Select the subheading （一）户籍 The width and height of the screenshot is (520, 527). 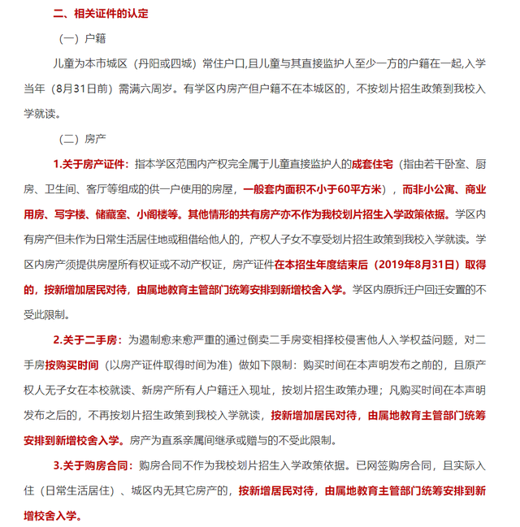coord(84,38)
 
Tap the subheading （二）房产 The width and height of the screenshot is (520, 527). coord(84,140)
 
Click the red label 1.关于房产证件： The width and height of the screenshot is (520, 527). coord(91,164)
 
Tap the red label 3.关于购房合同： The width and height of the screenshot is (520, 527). coord(91,466)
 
